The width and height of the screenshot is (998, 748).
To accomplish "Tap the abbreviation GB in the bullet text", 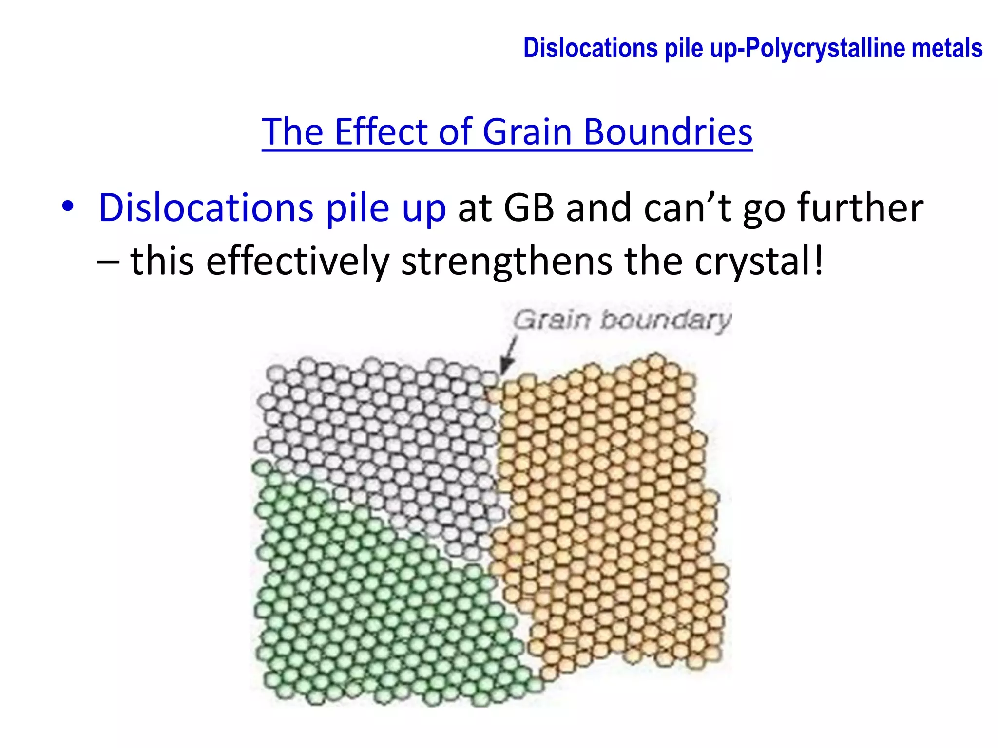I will (529, 208).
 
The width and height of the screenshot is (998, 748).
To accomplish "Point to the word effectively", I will (297, 262).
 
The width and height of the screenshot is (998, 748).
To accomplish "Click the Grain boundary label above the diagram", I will (622, 320).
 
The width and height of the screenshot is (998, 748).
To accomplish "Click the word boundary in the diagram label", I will (666, 320).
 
